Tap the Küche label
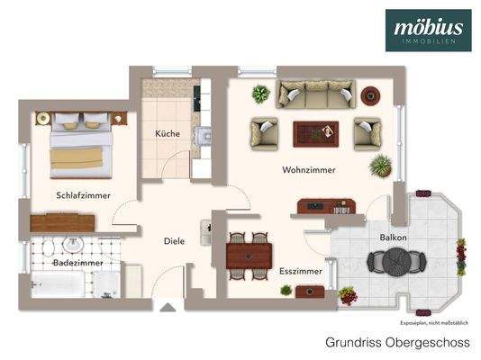(x=167, y=134)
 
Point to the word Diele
(x=174, y=241)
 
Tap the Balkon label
(x=393, y=237)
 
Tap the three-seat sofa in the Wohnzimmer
(x=315, y=91)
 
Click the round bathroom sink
(x=73, y=245)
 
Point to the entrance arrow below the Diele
(x=168, y=306)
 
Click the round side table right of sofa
(x=369, y=94)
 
